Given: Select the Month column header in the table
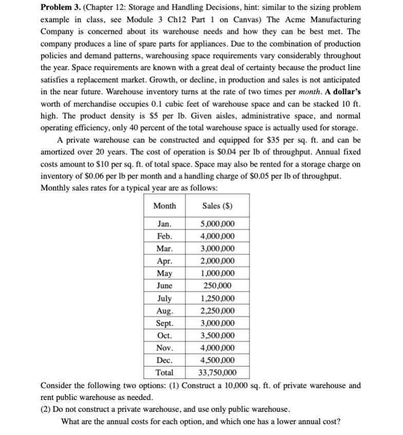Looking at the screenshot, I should click(x=164, y=206).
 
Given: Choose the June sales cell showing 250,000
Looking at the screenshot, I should click(x=218, y=286).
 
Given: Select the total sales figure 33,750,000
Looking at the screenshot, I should click(x=218, y=372).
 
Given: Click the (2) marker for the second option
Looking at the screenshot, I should click(x=46, y=410).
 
